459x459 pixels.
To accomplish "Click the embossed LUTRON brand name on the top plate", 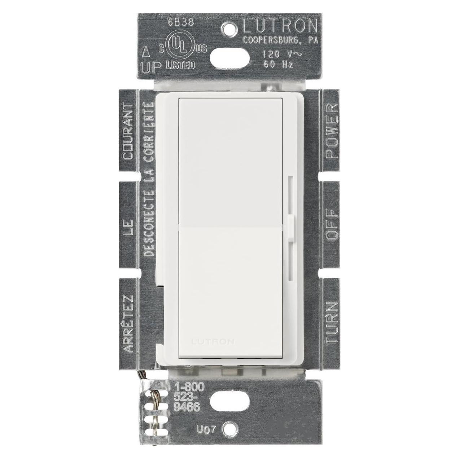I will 280,27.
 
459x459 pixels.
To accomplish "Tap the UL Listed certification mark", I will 180,53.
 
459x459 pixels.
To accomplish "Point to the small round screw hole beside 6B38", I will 228,27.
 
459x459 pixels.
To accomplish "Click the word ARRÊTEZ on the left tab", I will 129,324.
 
